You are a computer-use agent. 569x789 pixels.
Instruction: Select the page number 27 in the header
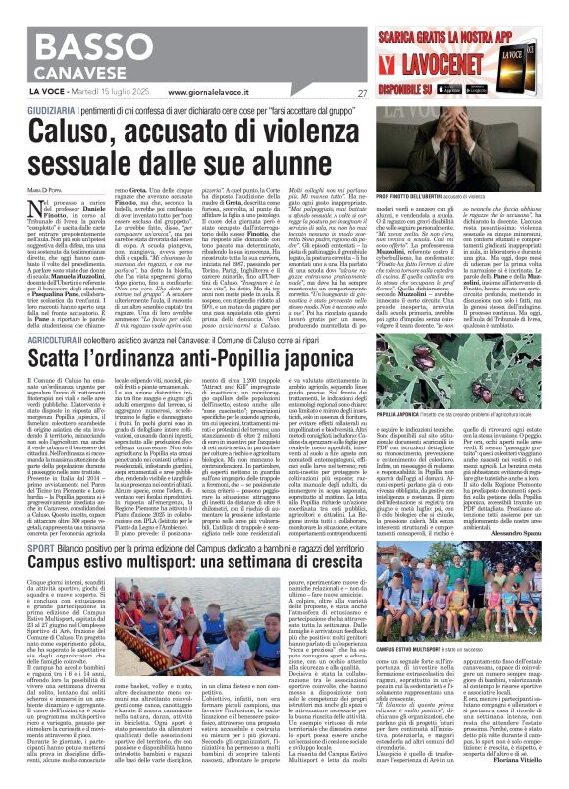[362, 93]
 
